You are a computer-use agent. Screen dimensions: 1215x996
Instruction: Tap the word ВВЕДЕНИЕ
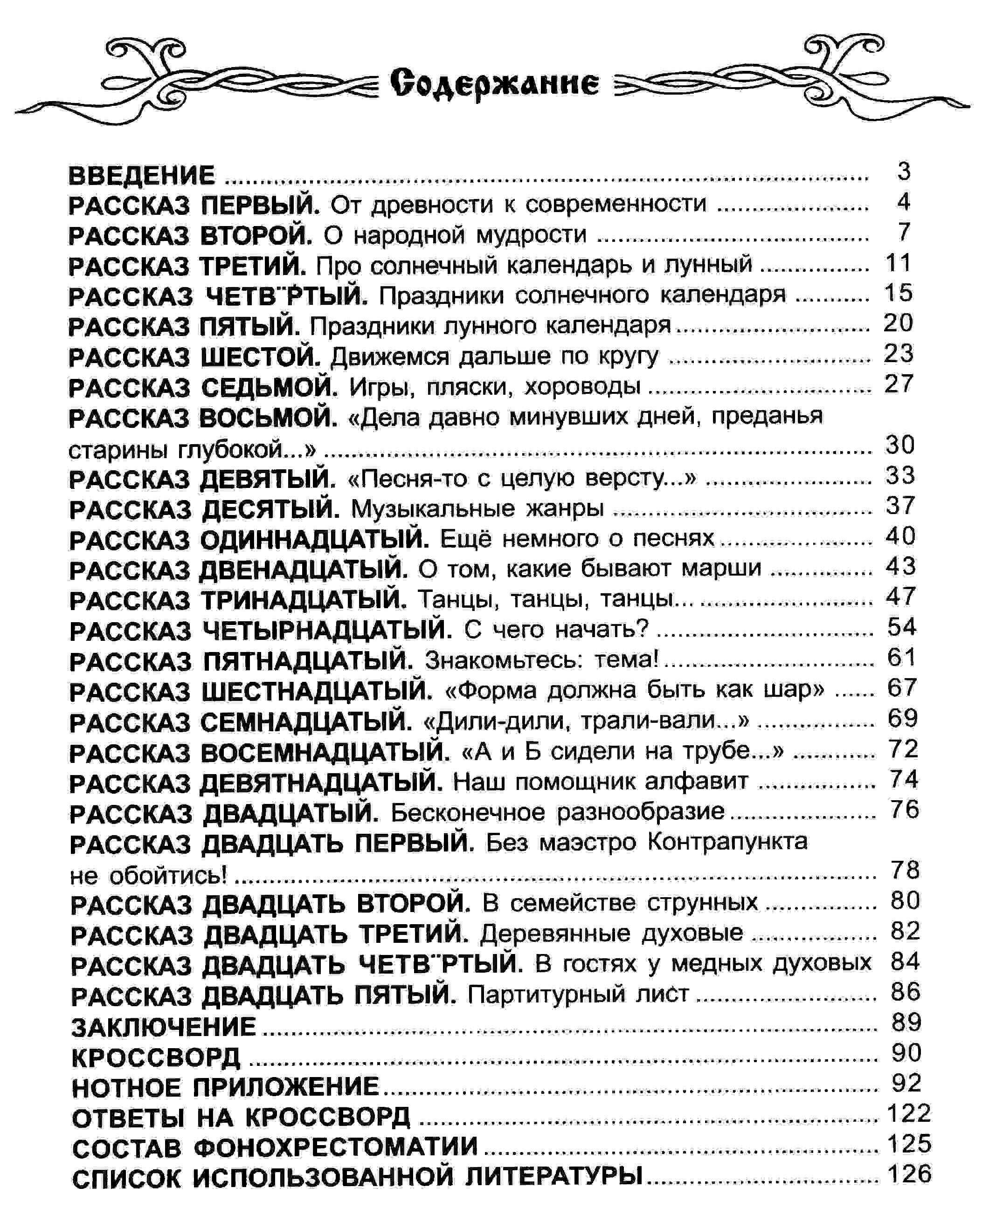pos(142,175)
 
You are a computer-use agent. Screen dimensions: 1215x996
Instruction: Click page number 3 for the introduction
pos(904,172)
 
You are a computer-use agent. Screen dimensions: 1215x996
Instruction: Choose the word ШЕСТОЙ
pos(261,357)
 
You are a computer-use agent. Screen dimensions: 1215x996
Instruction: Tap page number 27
pos(899,384)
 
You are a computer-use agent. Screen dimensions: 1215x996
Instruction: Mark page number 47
pos(900,597)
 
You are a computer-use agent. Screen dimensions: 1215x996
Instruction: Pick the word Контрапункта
pos(727,842)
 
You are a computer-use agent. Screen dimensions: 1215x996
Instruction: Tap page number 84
pos(905,961)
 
